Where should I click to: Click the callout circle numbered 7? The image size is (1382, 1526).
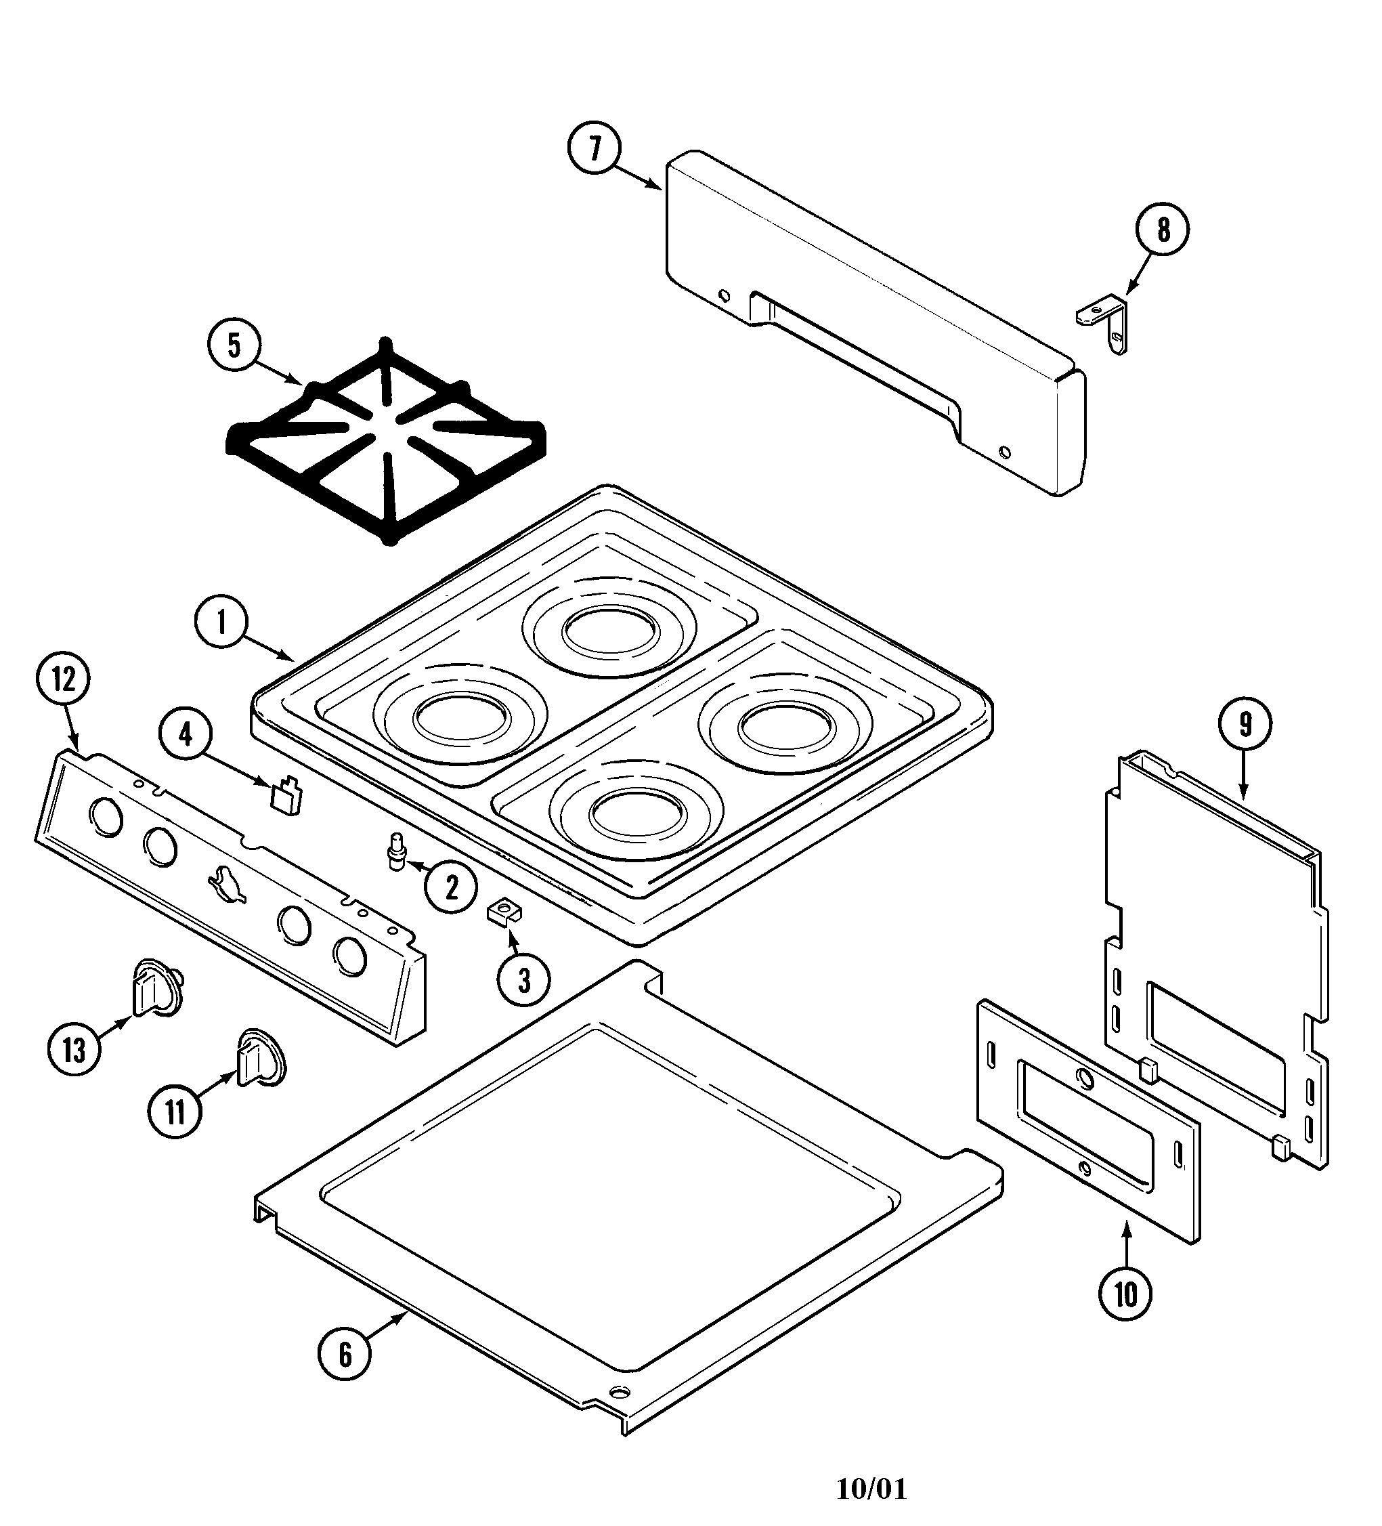point(594,148)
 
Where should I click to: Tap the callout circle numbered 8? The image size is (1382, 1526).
point(1163,230)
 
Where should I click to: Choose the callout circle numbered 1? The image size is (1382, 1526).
point(221,624)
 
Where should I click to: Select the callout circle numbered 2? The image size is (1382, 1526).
point(451,887)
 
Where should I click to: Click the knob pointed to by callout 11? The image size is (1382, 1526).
point(261,1058)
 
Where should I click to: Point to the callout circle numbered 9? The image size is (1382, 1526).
point(1245,725)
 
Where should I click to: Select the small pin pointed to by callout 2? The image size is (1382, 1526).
point(395,853)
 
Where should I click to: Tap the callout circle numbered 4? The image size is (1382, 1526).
point(186,735)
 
